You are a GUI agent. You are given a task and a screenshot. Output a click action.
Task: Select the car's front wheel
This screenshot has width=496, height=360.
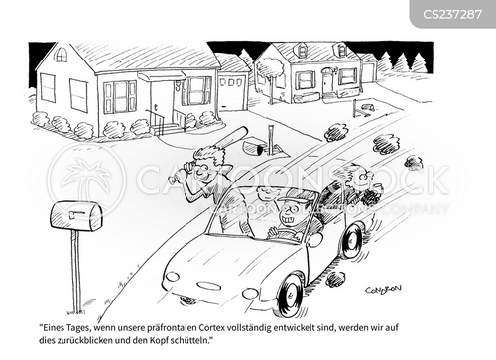coord(289,296)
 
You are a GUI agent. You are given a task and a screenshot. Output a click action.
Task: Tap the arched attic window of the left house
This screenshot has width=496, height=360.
coord(61,55)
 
